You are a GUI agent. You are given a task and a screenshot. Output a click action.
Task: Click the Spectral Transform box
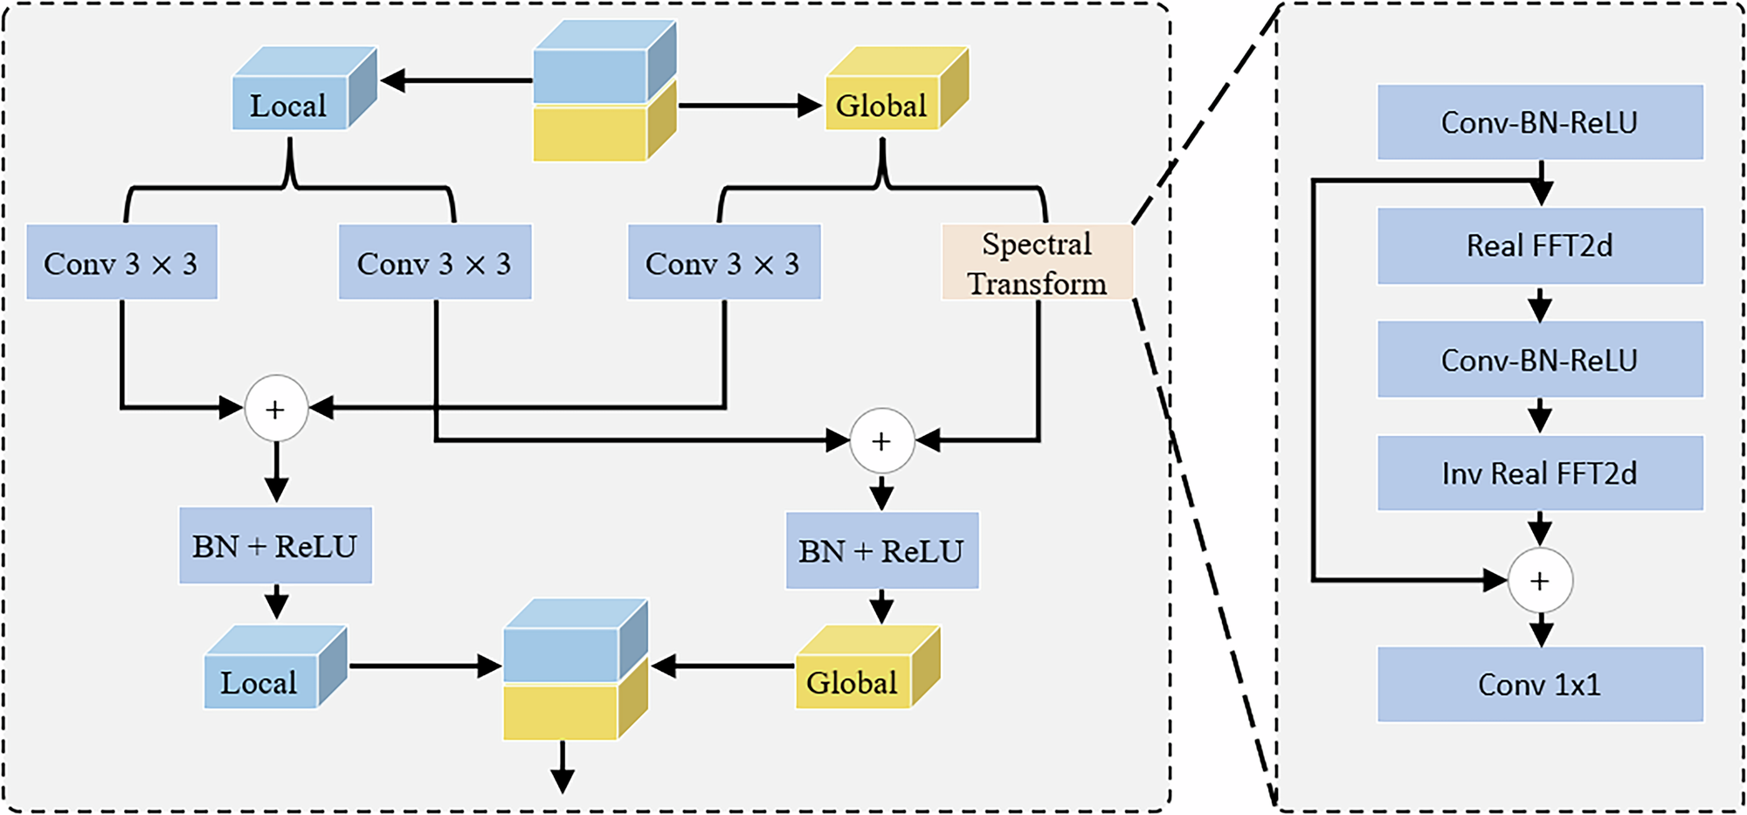point(1037,263)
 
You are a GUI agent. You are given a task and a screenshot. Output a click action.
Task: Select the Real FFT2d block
point(1539,246)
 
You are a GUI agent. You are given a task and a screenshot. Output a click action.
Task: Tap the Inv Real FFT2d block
point(1539,473)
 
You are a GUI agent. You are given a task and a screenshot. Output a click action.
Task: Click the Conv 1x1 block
point(1539,684)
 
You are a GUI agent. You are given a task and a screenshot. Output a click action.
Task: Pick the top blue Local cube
point(290,104)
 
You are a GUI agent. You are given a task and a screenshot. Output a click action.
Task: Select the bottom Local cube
point(260,681)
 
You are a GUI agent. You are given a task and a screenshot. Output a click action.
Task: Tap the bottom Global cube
point(853,681)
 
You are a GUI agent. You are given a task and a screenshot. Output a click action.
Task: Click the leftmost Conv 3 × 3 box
point(121,263)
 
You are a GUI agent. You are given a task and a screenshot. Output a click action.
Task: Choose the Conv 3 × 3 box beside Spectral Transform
point(724,263)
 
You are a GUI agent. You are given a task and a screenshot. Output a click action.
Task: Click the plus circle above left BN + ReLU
point(276,409)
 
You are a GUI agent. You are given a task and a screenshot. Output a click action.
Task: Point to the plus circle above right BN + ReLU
point(882,441)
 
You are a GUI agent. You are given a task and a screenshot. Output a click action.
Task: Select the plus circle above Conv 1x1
point(1540,581)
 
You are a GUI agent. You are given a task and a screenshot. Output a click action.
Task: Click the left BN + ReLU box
point(275,546)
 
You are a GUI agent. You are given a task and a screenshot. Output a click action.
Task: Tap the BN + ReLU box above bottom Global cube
point(882,550)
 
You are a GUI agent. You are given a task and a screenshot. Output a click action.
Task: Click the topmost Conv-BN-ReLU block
point(1539,122)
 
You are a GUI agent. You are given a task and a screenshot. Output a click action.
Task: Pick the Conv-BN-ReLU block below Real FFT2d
point(1539,360)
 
